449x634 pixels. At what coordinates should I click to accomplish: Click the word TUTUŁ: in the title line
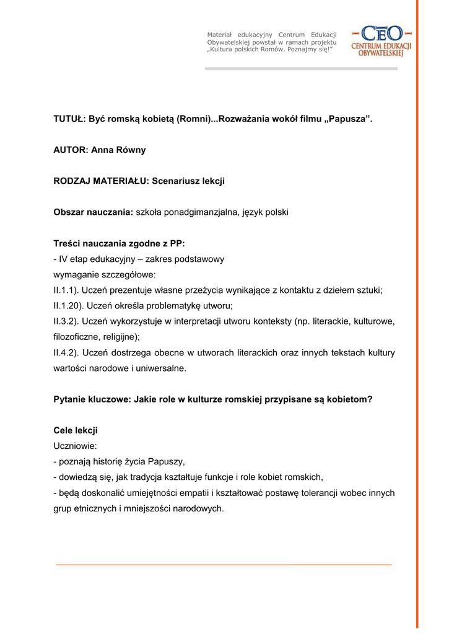pos(69,118)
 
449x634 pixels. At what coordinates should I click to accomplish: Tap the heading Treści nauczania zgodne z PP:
pos(119,244)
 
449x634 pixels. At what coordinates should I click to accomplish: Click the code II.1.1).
pos(68,290)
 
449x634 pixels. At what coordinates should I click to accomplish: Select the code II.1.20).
pos(70,306)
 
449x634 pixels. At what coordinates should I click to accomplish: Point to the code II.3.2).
pos(68,322)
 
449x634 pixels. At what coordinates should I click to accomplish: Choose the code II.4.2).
pos(68,353)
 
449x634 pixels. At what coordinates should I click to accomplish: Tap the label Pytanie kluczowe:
pos(92,399)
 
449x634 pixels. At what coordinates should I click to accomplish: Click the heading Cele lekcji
pos(76,430)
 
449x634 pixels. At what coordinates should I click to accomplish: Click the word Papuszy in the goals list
pos(166,461)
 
